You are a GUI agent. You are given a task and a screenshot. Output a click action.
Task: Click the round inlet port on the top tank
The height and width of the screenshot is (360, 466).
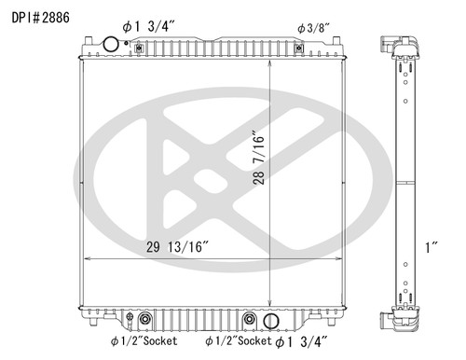click(111, 44)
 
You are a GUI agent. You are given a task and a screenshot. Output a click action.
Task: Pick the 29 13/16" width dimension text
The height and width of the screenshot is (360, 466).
click(177, 246)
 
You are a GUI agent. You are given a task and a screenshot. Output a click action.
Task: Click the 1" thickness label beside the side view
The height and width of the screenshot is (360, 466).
click(432, 247)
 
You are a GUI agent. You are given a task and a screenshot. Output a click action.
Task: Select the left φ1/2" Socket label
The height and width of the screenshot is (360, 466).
click(139, 341)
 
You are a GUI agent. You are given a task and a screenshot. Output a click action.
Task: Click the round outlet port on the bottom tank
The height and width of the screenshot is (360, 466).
click(270, 322)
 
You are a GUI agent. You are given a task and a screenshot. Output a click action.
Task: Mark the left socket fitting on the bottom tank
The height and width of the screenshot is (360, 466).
click(144, 321)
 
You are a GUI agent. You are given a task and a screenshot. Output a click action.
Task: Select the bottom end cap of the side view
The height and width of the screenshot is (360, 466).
click(398, 317)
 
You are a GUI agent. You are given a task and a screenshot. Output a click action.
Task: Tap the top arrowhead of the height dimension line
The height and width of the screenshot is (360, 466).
click(270, 64)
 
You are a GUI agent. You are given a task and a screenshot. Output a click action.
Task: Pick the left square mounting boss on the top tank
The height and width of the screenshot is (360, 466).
click(89, 42)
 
